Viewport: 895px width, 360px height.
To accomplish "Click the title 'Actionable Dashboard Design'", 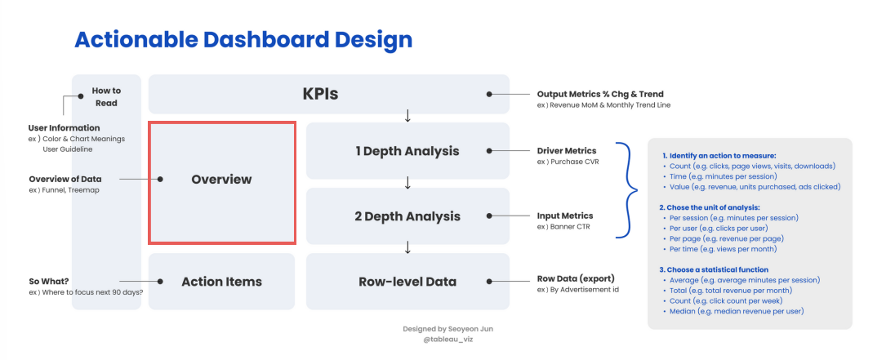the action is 243,40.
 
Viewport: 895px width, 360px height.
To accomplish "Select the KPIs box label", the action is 320,94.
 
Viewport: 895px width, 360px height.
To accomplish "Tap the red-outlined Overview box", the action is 222,183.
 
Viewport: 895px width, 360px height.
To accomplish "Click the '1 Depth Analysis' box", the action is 407,151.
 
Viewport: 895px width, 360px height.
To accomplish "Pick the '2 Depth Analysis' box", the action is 407,216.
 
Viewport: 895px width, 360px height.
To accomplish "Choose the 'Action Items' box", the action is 221,282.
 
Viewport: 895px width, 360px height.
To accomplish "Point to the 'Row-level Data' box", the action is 407,282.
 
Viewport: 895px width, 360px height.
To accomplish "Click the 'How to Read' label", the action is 106,97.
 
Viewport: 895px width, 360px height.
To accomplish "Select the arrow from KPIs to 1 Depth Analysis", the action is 407,117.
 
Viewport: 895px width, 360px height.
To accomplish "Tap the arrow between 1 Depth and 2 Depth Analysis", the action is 407,183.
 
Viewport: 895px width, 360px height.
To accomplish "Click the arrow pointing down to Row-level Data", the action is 407,247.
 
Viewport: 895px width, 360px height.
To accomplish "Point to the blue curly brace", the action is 626,190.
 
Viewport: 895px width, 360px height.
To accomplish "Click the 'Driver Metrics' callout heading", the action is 567,151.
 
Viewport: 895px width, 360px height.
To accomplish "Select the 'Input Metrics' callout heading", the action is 565,216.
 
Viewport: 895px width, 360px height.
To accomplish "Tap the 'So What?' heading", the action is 49,282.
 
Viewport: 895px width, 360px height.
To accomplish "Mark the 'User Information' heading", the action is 64,128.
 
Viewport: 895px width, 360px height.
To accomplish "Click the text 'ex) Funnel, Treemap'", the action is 64,190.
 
